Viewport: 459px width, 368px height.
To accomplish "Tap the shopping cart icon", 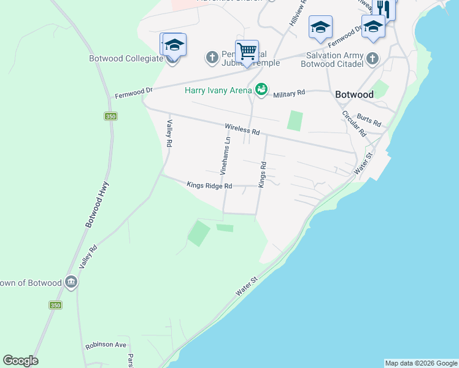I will tap(247, 50).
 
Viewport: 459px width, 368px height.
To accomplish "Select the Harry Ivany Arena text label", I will tap(218, 91).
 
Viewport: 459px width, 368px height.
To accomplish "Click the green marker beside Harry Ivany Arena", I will tap(262, 90).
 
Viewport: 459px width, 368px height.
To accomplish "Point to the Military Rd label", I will tap(289, 94).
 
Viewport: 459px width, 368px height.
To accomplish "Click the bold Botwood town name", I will tap(354, 94).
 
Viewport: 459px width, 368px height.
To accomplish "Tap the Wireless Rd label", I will tap(242, 129).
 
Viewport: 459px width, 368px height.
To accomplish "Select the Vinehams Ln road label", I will tap(225, 154).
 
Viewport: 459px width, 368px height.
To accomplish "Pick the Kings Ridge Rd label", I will tap(209, 185).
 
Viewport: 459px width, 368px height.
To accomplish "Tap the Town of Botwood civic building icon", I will tap(71, 282).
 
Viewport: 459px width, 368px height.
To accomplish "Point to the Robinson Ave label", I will tap(106, 345).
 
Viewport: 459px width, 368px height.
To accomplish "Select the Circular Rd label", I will tap(354, 123).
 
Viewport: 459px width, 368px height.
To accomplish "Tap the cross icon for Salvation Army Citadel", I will tap(372, 59).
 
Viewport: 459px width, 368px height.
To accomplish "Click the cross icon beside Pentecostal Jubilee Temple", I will tap(212, 58).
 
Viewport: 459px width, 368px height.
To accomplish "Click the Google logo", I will tap(20, 361).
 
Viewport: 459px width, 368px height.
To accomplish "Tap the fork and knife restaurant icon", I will tap(384, 7).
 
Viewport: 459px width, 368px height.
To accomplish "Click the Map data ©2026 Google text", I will tap(421, 363).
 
